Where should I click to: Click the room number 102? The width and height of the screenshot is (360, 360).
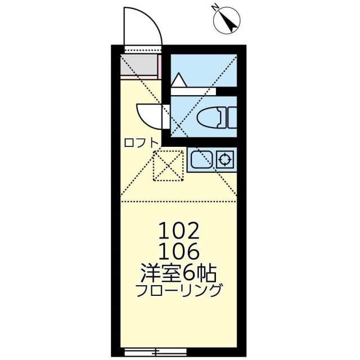179,231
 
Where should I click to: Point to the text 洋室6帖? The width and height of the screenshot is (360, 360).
179,273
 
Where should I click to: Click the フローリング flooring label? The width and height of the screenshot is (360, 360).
179,291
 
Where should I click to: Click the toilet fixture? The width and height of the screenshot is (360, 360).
211,118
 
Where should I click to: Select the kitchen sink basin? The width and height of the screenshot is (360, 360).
201,160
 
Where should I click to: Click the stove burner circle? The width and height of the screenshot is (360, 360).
225,160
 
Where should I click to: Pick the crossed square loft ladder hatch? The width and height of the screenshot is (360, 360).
169,165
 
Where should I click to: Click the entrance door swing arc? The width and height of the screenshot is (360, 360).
142,25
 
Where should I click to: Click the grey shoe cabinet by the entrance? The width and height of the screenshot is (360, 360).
139,66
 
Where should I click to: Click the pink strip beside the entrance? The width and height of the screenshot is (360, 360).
160,66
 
